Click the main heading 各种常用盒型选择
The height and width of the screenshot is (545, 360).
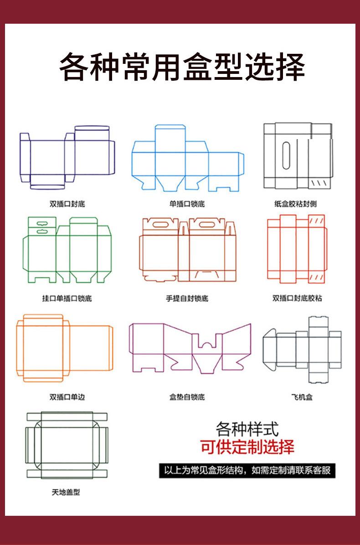181,67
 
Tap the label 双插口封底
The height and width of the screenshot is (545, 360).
67,204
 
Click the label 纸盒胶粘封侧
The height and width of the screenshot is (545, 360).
295,204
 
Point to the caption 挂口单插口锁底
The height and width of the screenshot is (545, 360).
67,298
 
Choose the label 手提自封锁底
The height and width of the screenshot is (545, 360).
187,298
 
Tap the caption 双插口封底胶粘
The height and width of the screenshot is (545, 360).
297,298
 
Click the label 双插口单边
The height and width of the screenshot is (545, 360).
67,397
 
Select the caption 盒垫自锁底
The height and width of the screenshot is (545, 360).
187,397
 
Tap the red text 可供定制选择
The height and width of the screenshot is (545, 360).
247,447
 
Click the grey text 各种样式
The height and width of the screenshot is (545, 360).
247,429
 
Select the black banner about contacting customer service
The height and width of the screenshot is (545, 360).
247,470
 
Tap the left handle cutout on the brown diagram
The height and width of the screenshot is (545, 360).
160,224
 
